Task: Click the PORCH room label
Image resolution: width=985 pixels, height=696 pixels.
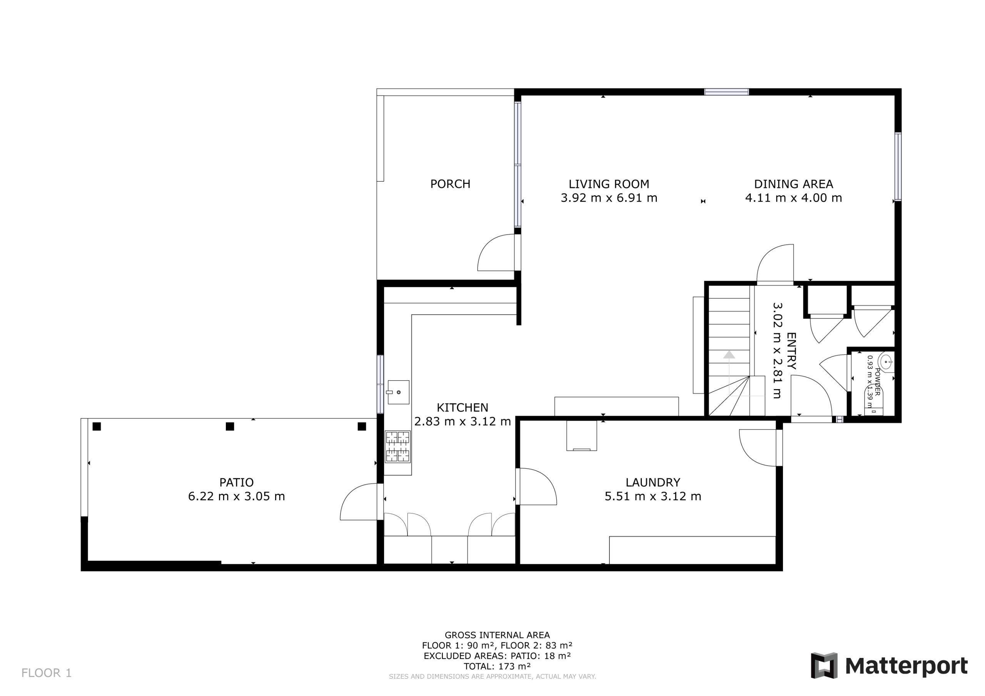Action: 450,184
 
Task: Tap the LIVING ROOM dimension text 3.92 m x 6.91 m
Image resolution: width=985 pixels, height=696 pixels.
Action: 609,198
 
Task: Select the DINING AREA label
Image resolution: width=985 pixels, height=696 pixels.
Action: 793,184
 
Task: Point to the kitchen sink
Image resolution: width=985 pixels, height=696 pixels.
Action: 399,392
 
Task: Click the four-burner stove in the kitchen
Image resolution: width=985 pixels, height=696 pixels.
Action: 398,447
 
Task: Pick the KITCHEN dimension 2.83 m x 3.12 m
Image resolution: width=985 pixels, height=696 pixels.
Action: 462,421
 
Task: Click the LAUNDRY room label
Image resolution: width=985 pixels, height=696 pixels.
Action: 653,483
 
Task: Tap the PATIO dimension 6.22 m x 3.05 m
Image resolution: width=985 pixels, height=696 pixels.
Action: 236,496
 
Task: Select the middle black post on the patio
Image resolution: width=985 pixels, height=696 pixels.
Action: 230,426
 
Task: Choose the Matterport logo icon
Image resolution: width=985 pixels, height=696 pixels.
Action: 824,666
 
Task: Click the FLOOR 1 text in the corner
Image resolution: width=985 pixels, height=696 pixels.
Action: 46,673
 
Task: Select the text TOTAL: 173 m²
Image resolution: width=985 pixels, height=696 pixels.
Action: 497,666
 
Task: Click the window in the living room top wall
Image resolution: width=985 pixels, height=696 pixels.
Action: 726,92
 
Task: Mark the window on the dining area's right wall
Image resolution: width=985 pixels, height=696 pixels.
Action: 898,167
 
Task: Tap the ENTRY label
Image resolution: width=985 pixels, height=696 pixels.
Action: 791,351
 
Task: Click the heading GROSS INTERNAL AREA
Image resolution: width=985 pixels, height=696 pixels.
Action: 497,635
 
